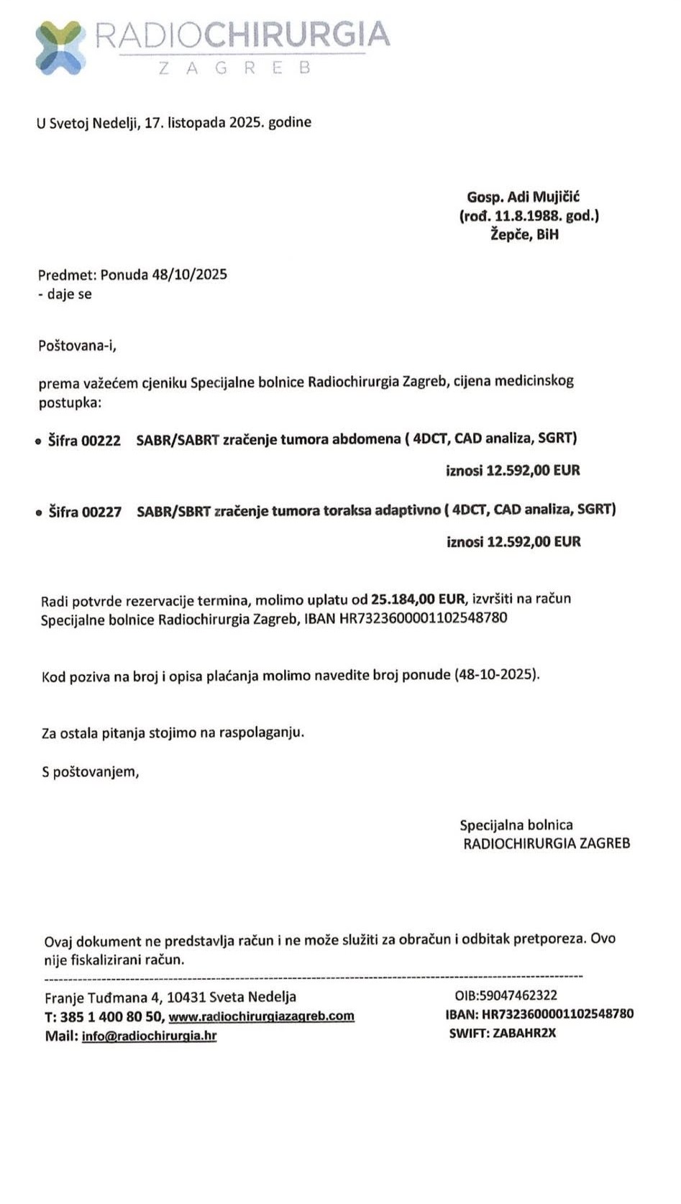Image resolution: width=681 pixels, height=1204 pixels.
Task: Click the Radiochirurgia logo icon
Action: point(60,47)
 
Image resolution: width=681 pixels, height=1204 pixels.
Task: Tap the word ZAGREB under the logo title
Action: point(234,68)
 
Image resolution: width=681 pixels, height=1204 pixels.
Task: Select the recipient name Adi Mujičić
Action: point(544,197)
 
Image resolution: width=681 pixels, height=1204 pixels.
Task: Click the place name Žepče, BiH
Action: point(524,234)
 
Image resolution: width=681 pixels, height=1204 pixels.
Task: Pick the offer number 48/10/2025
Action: point(189,275)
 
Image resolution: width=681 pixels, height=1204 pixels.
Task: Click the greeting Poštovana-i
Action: point(77,346)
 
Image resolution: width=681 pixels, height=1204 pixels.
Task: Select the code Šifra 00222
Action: point(84,441)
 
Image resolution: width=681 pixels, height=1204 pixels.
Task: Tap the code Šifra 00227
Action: point(85,512)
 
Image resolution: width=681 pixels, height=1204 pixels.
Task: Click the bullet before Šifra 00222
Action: point(39,441)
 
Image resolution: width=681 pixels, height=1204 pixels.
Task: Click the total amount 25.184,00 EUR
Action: point(418,599)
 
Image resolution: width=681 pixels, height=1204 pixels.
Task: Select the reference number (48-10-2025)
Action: point(495,675)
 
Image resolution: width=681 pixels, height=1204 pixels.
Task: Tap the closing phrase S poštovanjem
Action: point(90,772)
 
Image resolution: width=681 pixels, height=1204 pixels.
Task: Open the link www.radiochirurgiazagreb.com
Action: point(261,1016)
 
